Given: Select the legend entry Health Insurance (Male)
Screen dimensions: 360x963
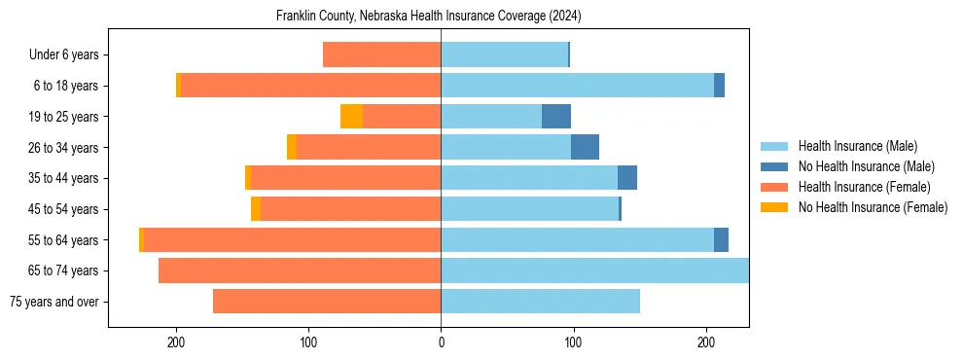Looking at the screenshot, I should (x=857, y=146).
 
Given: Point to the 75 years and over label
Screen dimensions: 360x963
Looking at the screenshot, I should (x=53, y=302).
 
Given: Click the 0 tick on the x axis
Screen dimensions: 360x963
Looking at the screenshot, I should (x=441, y=342).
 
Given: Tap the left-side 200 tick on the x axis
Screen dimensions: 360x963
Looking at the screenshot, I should (x=176, y=342).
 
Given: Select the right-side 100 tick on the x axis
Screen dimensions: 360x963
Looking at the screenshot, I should (x=573, y=342).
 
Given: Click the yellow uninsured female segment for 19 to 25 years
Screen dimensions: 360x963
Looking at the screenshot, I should (x=351, y=117).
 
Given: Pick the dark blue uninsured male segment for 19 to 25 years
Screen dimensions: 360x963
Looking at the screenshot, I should (x=556, y=117).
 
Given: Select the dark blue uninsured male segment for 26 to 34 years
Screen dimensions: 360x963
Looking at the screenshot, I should (x=585, y=148).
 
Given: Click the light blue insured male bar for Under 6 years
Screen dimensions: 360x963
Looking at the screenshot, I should (x=504, y=55).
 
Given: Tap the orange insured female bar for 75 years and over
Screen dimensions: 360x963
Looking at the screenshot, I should (x=327, y=302).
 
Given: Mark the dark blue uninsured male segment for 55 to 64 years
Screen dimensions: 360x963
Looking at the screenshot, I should (x=721, y=240).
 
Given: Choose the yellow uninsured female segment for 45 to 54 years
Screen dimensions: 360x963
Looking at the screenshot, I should (x=256, y=209).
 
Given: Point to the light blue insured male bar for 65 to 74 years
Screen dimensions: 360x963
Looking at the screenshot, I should (x=594, y=270).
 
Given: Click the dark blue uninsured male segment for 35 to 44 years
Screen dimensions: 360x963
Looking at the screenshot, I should (x=627, y=178).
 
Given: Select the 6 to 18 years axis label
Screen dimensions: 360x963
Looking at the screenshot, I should (x=65, y=86).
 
